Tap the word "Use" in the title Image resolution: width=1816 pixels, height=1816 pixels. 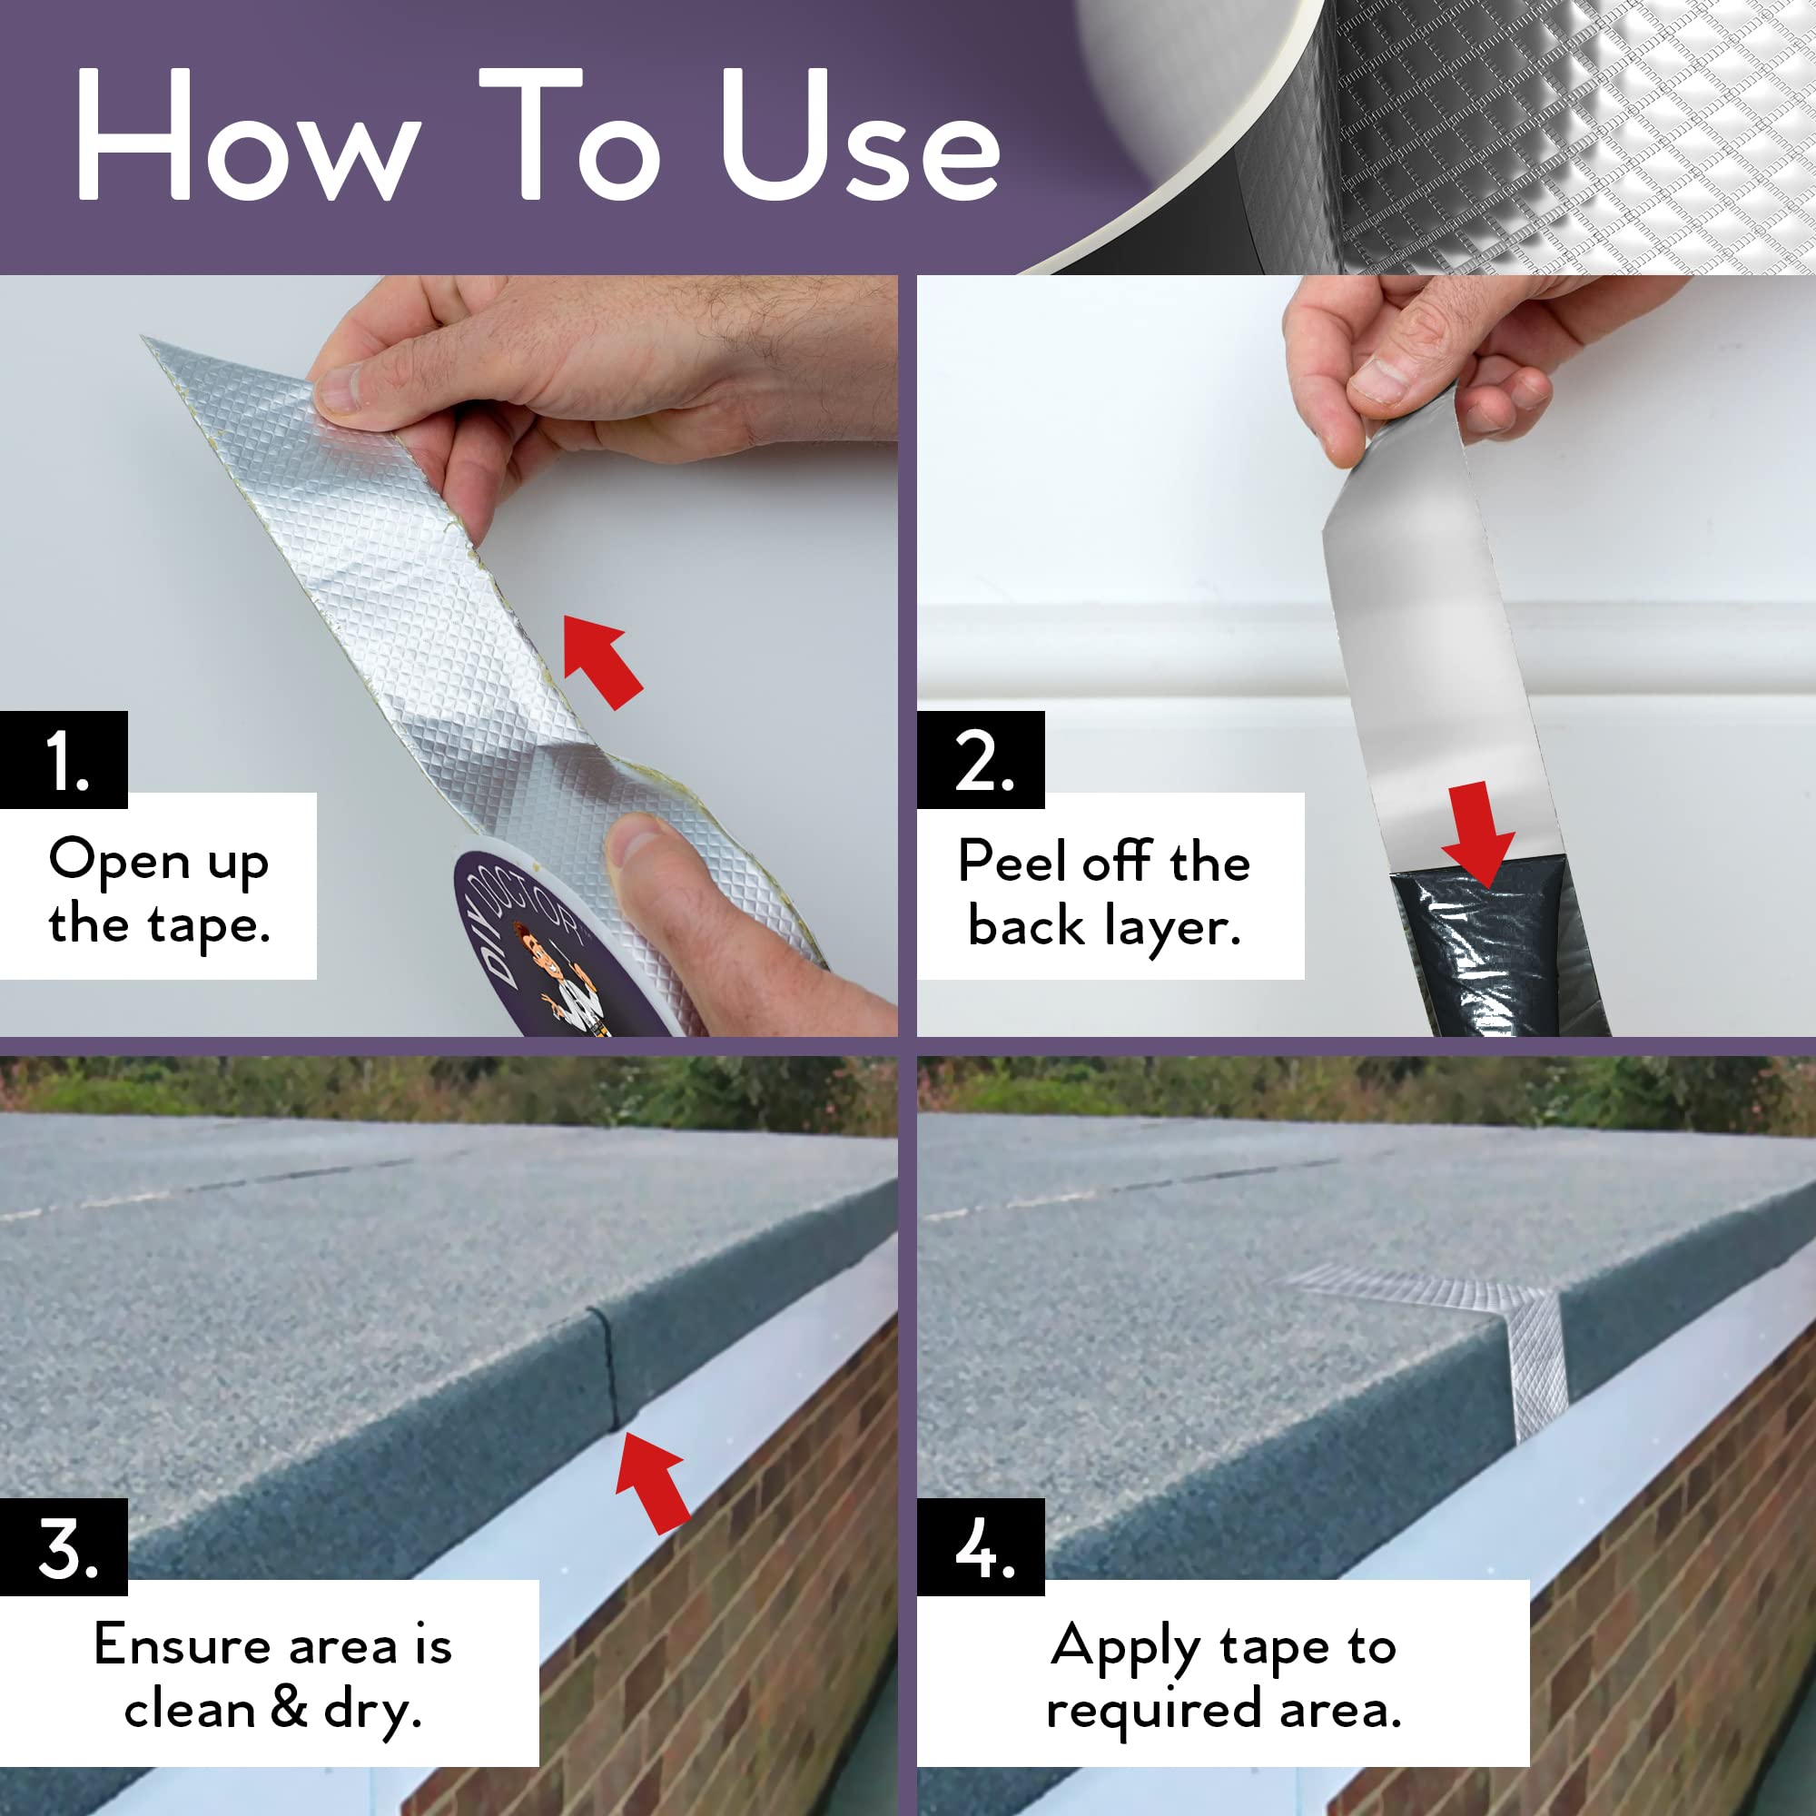point(859,136)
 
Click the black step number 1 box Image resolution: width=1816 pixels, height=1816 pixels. point(63,759)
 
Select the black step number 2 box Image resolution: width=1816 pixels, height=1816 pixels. point(981,759)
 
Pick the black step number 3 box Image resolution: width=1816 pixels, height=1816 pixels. point(63,1547)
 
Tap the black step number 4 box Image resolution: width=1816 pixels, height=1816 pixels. point(981,1547)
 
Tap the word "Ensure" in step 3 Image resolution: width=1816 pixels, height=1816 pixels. point(182,1645)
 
